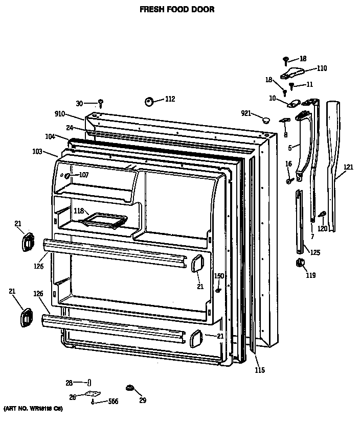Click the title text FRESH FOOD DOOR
[x=178, y=9]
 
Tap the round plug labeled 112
[x=150, y=101]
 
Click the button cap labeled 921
[x=265, y=120]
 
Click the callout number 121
[x=348, y=168]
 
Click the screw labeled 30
[x=101, y=103]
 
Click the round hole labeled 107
[x=66, y=176]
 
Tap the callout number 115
[x=260, y=370]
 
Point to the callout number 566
[x=112, y=402]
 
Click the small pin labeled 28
[x=90, y=383]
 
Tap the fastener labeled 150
[x=218, y=291]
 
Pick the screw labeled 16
[x=288, y=180]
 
